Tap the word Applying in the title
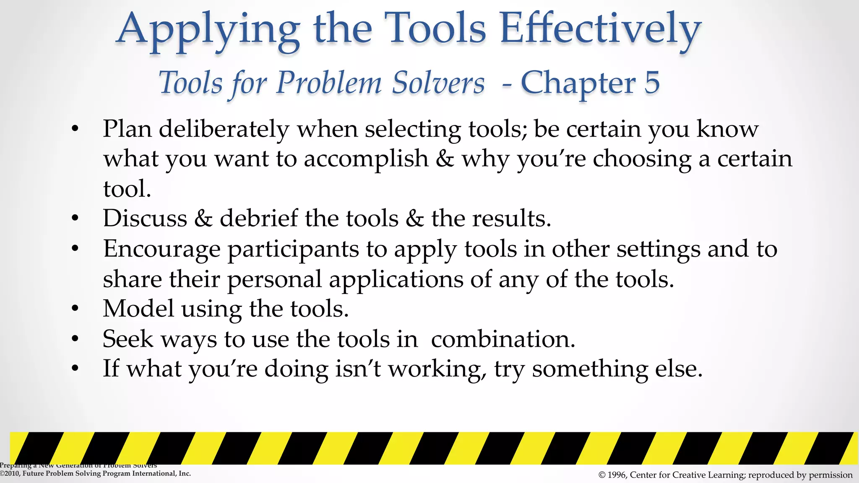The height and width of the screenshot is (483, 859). click(x=208, y=30)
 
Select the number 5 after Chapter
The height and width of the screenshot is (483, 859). click(x=652, y=82)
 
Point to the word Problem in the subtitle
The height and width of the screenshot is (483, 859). click(x=329, y=82)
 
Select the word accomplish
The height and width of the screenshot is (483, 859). click(x=366, y=159)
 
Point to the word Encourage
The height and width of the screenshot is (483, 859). click(x=162, y=249)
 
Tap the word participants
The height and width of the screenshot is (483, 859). click(x=293, y=249)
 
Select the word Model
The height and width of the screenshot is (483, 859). click(x=138, y=309)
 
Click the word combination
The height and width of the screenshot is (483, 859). click(x=503, y=339)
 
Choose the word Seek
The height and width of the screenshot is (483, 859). click(x=128, y=339)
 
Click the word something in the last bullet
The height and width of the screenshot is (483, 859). click(x=590, y=369)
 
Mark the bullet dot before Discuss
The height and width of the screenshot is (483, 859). click(x=75, y=218)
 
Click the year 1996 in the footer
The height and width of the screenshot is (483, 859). click(x=617, y=475)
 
